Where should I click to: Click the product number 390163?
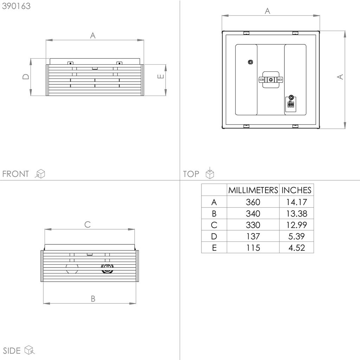click(16, 6)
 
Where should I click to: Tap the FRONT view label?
click(15, 174)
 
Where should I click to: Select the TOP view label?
click(191, 174)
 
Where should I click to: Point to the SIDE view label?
click(12, 351)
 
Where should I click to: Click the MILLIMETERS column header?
click(253, 190)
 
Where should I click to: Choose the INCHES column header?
click(296, 190)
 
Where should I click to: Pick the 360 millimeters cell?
click(253, 202)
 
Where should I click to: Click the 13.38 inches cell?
click(296, 213)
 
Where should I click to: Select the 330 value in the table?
click(253, 225)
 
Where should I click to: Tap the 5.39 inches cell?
click(296, 236)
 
